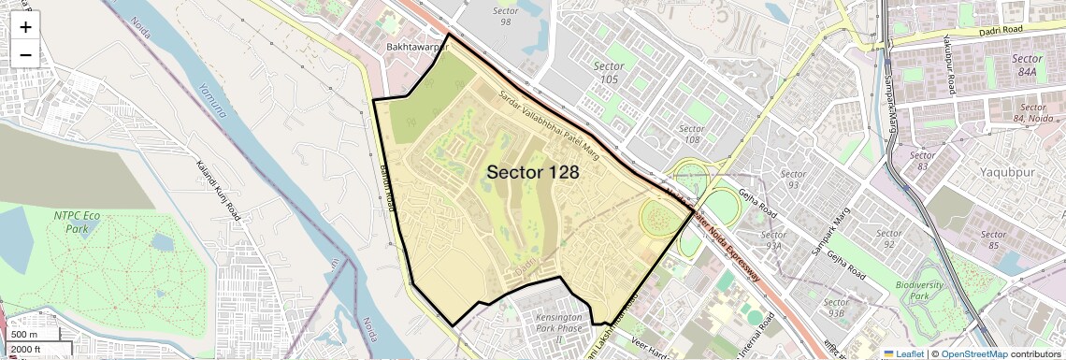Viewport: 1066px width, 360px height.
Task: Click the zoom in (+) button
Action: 25,27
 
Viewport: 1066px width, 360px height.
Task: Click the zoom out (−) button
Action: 25,54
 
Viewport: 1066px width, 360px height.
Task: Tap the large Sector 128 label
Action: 532,173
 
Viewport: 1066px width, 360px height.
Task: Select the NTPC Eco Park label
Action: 77,221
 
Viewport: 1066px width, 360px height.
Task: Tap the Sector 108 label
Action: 691,134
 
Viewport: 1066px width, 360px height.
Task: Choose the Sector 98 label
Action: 505,16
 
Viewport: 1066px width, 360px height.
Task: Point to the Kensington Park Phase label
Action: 534,324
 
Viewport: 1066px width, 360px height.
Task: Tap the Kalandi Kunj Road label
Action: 220,192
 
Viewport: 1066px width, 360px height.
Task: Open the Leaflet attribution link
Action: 905,353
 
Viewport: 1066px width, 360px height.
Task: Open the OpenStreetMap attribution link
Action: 973,353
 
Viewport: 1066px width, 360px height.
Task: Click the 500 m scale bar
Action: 32,334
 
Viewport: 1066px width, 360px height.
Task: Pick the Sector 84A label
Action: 1027,64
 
